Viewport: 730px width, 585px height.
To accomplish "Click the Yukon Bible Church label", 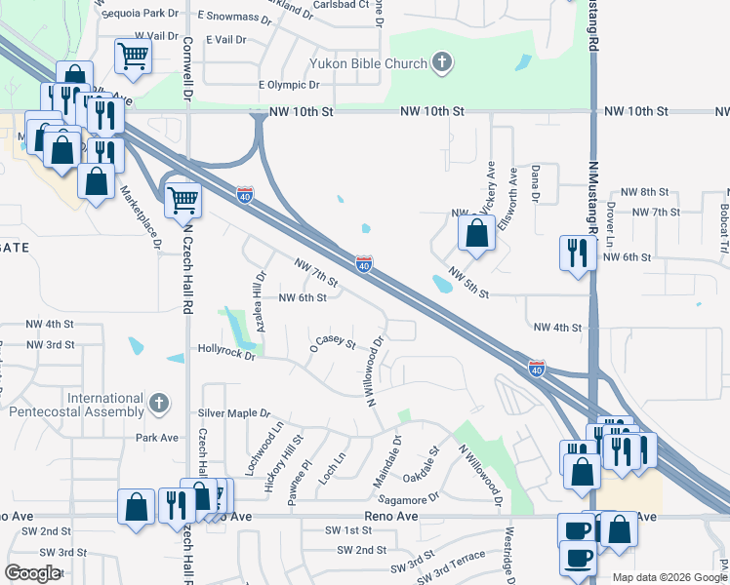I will [369, 64].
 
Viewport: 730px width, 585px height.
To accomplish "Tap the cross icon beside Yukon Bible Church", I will [442, 63].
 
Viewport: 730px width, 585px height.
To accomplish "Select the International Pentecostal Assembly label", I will [77, 405].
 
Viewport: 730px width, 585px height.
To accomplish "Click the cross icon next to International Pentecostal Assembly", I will [159, 403].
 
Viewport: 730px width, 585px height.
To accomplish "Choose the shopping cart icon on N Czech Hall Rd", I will [182, 200].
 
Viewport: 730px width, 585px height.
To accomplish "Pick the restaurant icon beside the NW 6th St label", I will [577, 253].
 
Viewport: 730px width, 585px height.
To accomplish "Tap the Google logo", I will [33, 573].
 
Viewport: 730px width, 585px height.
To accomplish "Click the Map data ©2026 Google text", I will [668, 577].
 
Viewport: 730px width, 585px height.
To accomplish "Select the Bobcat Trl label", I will [723, 224].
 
